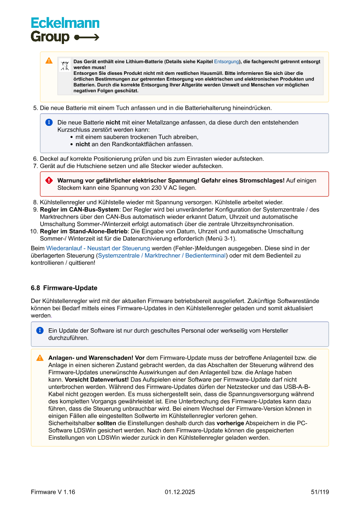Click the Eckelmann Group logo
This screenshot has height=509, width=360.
tap(65, 30)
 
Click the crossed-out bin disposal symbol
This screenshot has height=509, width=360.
tap(65, 66)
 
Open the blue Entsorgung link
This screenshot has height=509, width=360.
tap(226, 62)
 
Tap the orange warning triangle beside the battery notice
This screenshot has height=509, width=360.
tap(49, 61)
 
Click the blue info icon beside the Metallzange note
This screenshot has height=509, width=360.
tap(49, 122)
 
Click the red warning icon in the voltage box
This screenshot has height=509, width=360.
tap(49, 180)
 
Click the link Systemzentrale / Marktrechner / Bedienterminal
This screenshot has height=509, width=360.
tap(161, 256)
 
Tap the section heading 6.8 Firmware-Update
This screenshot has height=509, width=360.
tap(64, 288)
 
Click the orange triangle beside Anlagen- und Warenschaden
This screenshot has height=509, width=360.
tap(40, 358)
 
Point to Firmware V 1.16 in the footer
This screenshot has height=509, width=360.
tap(53, 492)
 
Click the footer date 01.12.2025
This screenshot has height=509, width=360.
tap(180, 492)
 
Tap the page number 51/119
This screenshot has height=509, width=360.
tap(320, 492)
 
